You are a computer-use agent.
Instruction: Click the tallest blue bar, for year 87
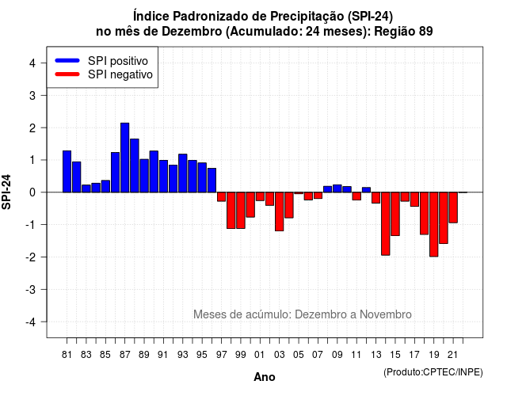[x=125, y=158]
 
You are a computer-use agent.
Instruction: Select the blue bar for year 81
[x=67, y=171]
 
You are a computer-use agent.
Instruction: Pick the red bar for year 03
[x=280, y=211]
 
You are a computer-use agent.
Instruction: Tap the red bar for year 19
[x=434, y=224]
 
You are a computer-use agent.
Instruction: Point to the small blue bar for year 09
[x=337, y=188]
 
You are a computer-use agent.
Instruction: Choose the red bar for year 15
[x=395, y=214]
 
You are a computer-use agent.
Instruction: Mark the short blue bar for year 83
[x=86, y=188]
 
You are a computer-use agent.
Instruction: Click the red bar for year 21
[x=453, y=208]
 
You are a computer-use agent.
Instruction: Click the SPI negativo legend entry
[x=104, y=74]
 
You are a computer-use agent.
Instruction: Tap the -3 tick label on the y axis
[x=31, y=289]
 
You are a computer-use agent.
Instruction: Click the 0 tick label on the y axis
[x=32, y=192]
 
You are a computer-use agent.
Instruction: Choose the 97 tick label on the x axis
[x=222, y=355]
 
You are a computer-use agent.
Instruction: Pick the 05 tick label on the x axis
[x=299, y=355]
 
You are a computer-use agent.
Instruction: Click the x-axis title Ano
[x=265, y=377]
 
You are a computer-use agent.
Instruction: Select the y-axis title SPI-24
[x=6, y=192]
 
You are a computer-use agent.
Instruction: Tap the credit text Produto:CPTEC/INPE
[x=433, y=372]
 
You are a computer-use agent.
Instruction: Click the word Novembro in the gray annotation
[x=386, y=314]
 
